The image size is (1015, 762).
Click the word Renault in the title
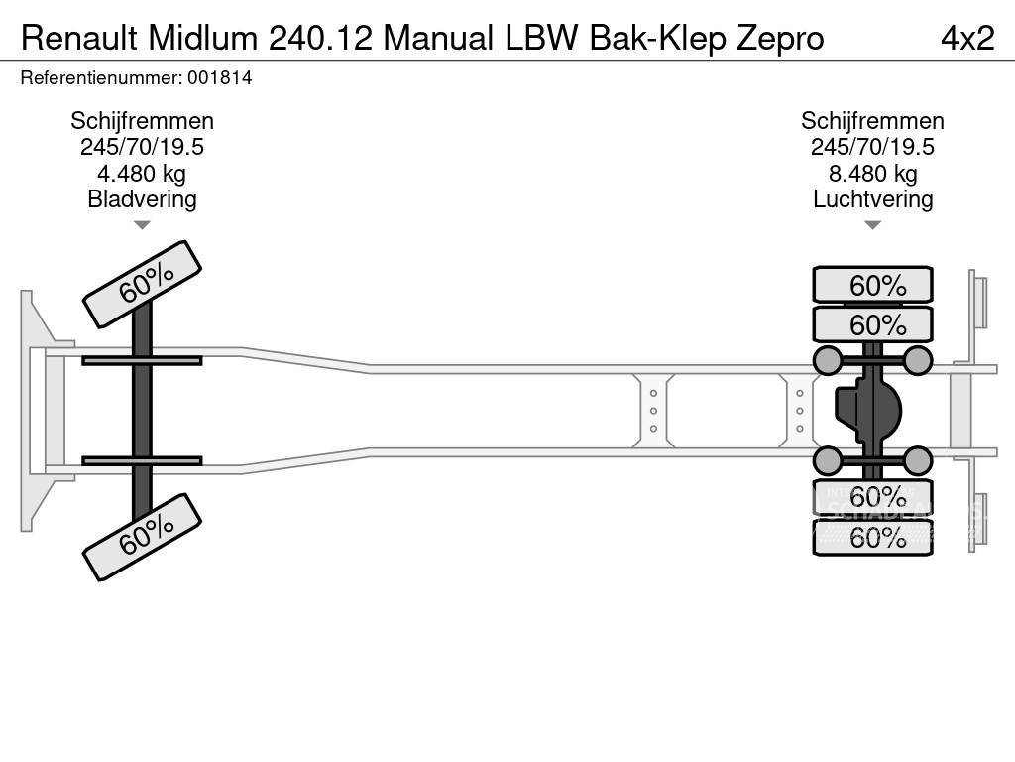coord(79,38)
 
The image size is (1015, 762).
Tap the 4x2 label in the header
coord(966,38)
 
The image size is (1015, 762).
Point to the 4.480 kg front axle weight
coord(142,174)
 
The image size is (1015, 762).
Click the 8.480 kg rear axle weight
coord(872,174)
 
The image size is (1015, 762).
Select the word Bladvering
coord(142,199)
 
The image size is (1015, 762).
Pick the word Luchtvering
coord(872,199)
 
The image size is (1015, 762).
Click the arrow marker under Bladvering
coord(142,225)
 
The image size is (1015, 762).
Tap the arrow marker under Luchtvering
coord(872,225)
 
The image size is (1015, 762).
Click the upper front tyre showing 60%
coord(142,284)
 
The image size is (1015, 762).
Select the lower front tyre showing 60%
coord(142,538)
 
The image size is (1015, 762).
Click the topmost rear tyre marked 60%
coord(872,286)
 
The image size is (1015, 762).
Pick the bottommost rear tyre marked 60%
coord(872,538)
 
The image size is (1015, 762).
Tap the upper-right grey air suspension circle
coord(918,360)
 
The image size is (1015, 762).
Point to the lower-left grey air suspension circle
coord(828,460)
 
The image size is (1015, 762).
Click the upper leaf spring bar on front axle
coord(142,360)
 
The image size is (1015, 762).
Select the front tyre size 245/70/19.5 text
coord(142,147)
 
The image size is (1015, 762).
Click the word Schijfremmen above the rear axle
coord(872,121)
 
